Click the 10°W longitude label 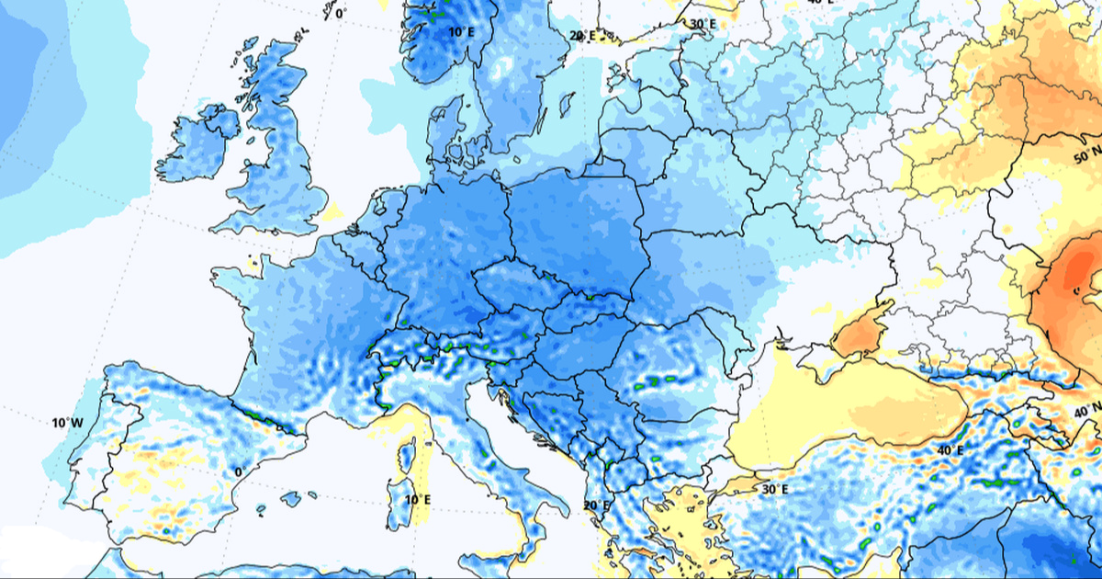click(x=67, y=423)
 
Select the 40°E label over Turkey click(x=950, y=450)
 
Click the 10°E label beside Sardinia click(x=418, y=500)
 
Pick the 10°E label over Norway click(x=461, y=32)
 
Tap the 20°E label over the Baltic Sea click(x=582, y=37)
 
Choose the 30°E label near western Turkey click(x=774, y=489)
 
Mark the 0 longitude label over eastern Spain click(x=238, y=471)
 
